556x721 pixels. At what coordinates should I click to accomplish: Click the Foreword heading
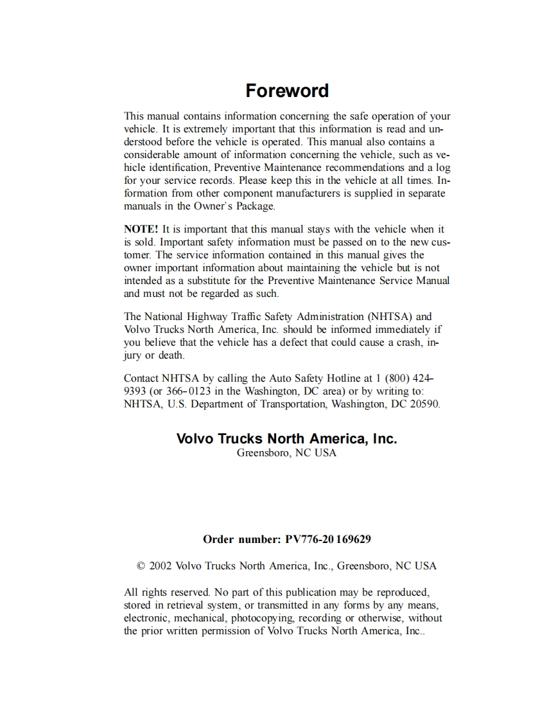pyautogui.click(x=287, y=91)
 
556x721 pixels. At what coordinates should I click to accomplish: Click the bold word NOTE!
pyautogui.click(x=141, y=229)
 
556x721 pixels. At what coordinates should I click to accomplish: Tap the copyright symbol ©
pyautogui.click(x=141, y=566)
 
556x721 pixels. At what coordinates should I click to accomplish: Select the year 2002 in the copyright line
pyautogui.click(x=161, y=566)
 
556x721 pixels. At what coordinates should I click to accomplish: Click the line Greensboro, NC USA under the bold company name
pyautogui.click(x=286, y=453)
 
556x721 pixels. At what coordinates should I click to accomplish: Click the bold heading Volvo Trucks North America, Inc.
pyautogui.click(x=286, y=439)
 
